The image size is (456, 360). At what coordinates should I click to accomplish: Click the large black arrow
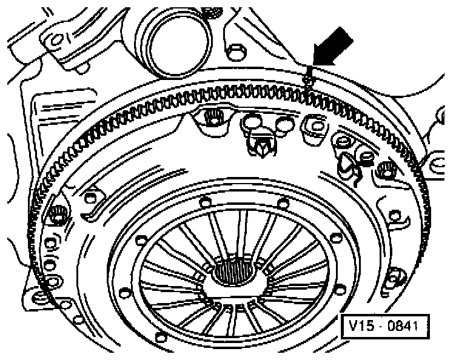tap(332, 48)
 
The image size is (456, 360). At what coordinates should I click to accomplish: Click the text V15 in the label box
tap(360, 327)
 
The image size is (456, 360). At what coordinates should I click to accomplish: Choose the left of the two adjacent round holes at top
tap(251, 124)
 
